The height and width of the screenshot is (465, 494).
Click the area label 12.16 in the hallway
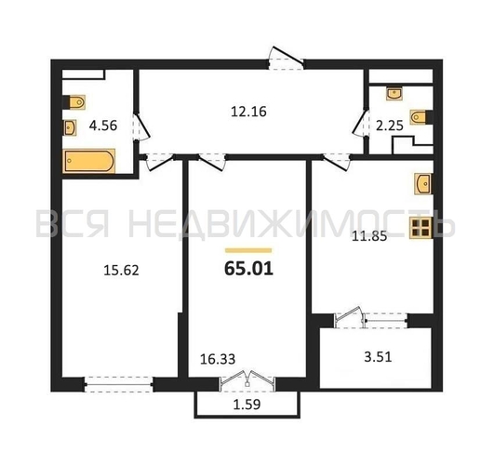[x=248, y=112]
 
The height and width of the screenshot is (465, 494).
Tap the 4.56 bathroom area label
[x=103, y=126]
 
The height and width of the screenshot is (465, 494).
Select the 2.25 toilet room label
[x=390, y=126]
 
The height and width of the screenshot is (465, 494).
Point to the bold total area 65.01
[x=248, y=269]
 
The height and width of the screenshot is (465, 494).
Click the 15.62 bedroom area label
[x=121, y=271]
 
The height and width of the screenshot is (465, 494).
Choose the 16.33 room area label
[x=218, y=359]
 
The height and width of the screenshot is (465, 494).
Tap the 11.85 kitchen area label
[x=369, y=236]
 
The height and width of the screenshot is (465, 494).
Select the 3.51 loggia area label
[x=378, y=357]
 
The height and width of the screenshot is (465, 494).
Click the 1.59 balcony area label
[x=247, y=405]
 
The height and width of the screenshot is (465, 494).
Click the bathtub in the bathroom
[x=89, y=161]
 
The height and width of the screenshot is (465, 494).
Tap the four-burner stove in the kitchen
[x=421, y=228]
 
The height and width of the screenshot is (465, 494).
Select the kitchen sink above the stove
[x=423, y=183]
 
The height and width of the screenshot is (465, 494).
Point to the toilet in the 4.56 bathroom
[x=74, y=102]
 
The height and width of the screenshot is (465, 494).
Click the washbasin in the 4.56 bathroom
[x=70, y=127]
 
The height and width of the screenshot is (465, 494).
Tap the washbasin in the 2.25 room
[x=394, y=93]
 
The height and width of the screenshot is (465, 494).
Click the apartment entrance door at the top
[x=286, y=59]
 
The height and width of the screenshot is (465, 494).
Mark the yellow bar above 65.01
[x=248, y=250]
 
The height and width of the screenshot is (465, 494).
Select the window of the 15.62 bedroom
[x=118, y=384]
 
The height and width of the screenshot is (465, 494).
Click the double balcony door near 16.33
[x=247, y=379]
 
